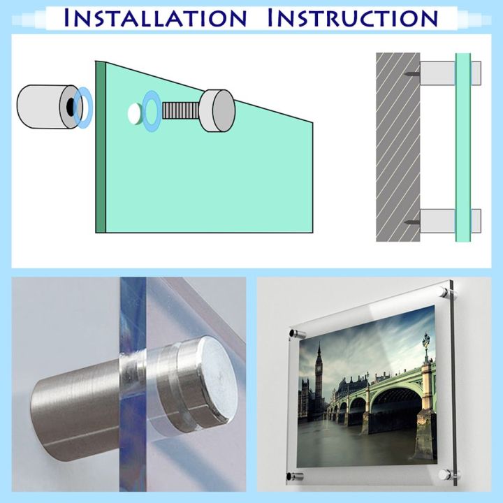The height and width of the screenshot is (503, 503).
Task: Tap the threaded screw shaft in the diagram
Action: (x=182, y=110)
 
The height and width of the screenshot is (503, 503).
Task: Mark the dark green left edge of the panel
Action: (x=100, y=147)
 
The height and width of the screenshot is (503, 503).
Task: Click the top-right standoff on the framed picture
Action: (x=444, y=290)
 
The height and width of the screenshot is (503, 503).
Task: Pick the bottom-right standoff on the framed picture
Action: (x=443, y=474)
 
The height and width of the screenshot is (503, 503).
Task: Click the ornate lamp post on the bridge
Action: (x=425, y=347)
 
